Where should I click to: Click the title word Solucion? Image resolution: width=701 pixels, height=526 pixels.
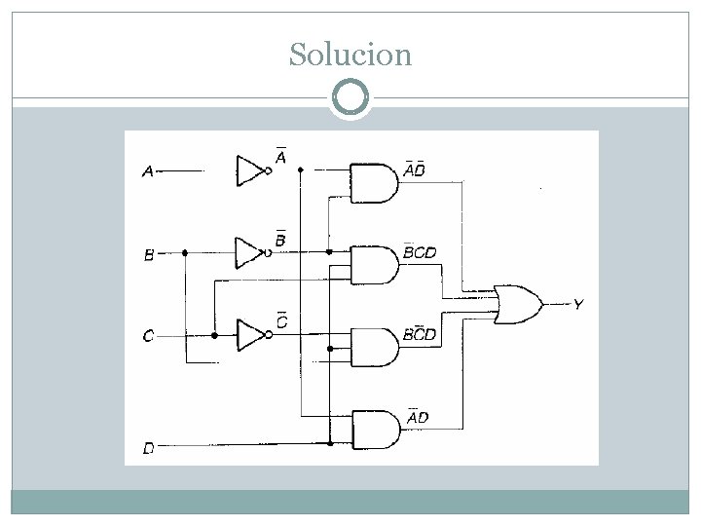350,55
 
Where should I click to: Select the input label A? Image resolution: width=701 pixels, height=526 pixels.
148,171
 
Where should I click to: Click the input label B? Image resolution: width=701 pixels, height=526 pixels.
149,255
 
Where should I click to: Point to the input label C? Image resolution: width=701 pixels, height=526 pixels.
148,335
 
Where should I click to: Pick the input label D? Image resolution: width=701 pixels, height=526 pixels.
149,448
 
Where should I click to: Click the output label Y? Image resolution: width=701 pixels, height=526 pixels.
578,305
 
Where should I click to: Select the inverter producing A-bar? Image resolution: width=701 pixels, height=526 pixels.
253,170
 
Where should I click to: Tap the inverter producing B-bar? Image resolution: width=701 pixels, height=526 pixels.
253,253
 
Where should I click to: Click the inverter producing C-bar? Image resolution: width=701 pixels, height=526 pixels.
254,335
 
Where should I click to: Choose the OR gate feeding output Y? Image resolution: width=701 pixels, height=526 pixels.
519,305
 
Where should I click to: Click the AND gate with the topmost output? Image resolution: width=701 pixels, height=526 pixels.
374,183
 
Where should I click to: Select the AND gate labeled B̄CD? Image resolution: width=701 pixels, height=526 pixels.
375,265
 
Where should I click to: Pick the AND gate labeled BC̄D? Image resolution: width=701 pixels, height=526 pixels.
375,348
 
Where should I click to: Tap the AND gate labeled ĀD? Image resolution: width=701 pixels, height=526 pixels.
377,430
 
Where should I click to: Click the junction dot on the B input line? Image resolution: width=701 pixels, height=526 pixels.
185,253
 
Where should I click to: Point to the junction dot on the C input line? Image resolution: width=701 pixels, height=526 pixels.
214,335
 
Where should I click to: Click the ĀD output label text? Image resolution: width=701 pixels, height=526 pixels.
418,416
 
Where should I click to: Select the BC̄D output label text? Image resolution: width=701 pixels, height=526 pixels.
419,333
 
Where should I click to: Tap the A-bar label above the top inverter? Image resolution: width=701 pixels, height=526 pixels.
280,155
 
